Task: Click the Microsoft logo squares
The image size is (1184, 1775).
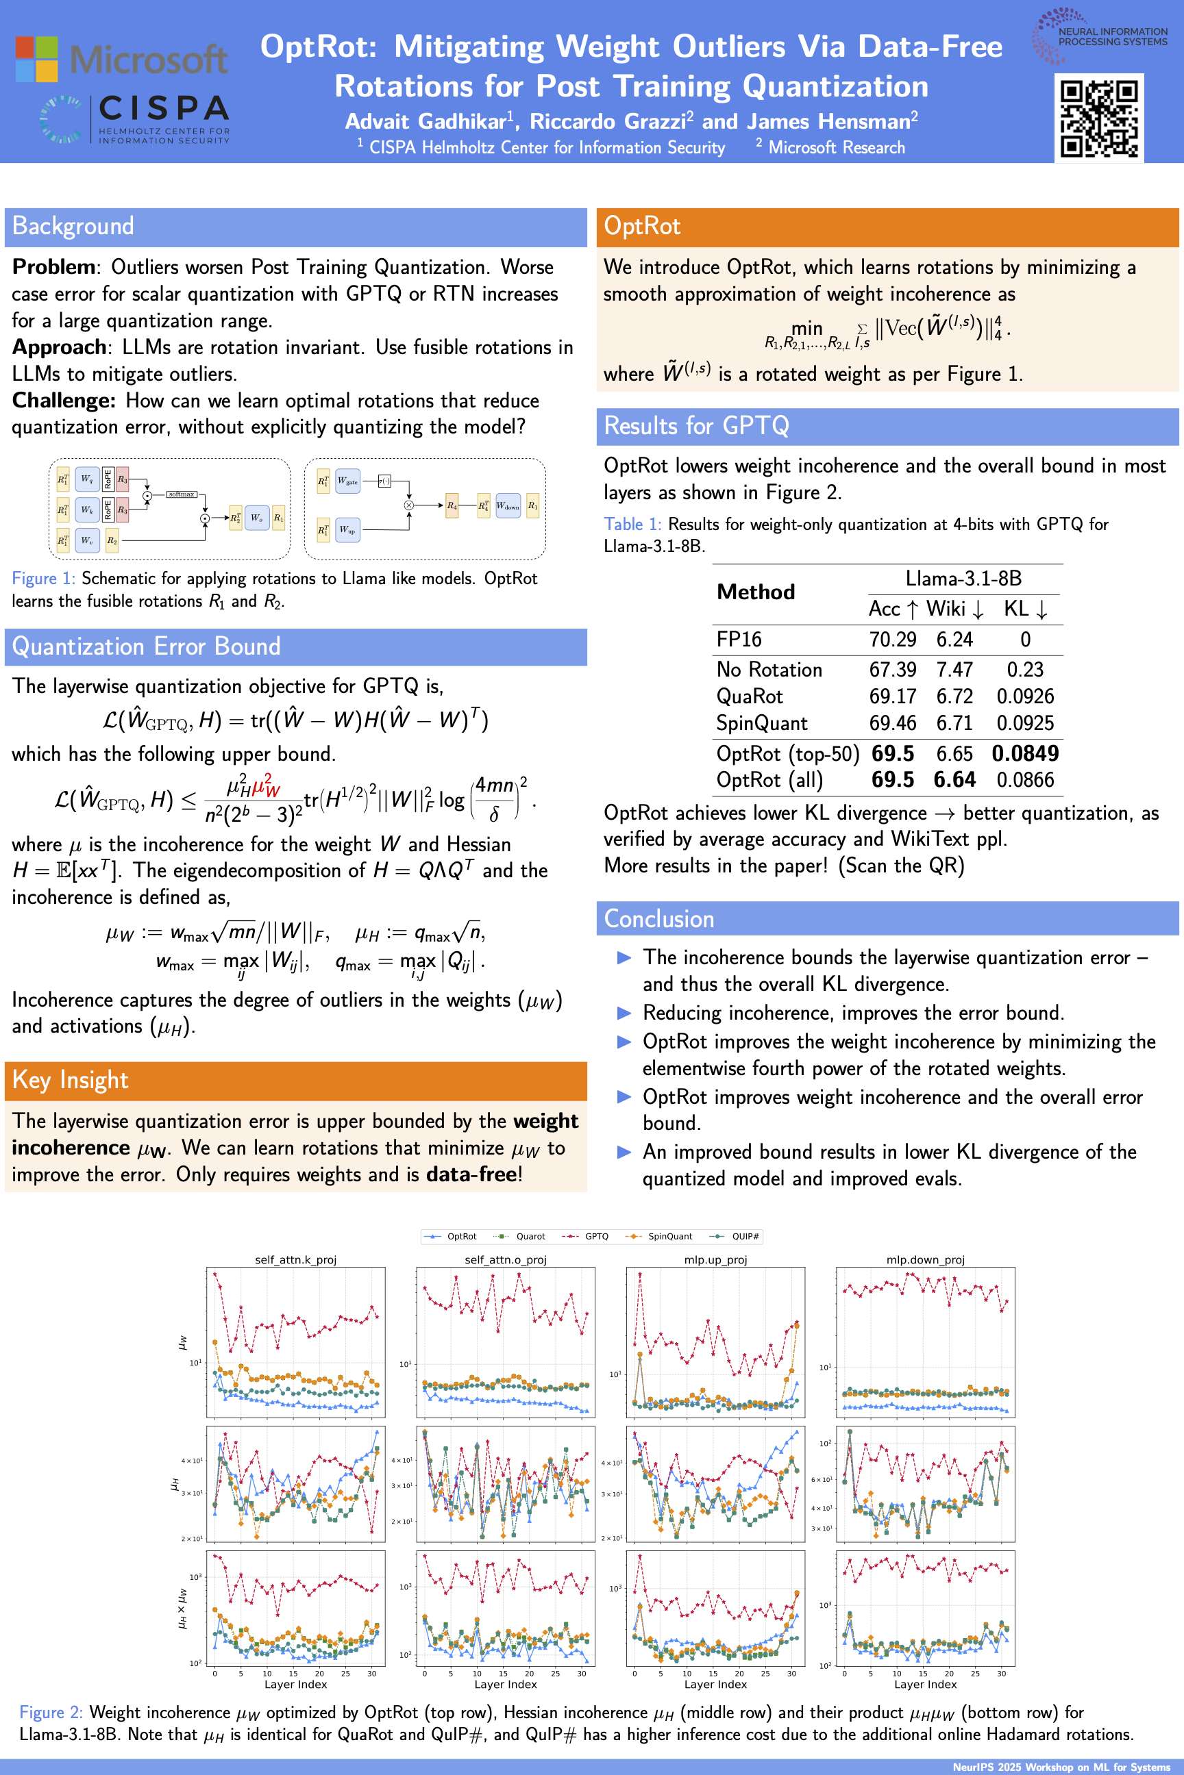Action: pos(36,59)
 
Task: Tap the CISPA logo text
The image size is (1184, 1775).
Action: pos(163,108)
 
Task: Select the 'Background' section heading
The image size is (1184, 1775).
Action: pos(73,227)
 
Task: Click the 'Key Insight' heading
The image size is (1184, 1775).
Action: pos(70,1080)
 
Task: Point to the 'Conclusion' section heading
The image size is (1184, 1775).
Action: pos(659,918)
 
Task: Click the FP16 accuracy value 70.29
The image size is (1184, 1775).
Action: pos(892,640)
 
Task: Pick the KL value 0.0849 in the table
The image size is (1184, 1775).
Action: pos(1024,753)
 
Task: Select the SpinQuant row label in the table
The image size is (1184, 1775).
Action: pos(761,724)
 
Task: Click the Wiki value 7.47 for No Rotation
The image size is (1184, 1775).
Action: pos(954,670)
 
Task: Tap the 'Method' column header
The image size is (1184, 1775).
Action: pos(755,592)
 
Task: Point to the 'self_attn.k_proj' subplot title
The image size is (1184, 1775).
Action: pos(295,1259)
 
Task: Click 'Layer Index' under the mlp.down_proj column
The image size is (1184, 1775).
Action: pos(925,1684)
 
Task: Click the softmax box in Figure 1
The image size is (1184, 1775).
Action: pos(181,494)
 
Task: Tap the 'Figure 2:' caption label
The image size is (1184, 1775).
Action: pos(51,1713)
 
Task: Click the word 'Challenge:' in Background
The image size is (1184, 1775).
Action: pos(64,401)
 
